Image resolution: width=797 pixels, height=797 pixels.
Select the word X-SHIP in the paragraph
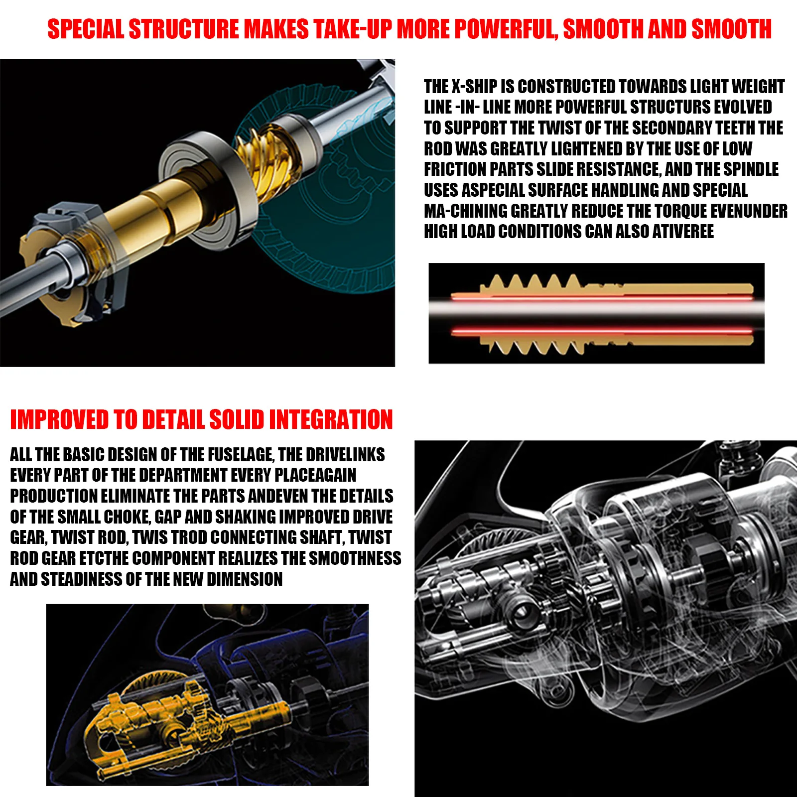474,87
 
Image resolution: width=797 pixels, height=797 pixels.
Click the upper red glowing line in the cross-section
602,297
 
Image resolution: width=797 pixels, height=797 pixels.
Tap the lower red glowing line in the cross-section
602,330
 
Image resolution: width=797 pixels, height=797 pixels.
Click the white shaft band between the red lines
596,313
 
